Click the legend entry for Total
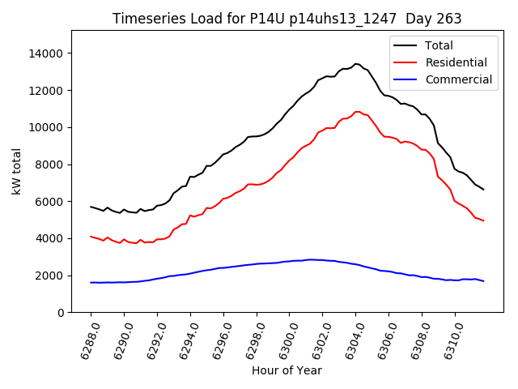pos(439,45)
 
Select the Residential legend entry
pos(456,62)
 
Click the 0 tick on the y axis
pos(62,313)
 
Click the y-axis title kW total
pos(17,171)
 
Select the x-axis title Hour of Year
pos(287,370)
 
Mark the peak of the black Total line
pos(355,63)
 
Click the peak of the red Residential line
pos(356,111)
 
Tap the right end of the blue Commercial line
pos(484,281)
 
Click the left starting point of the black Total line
pos(91,207)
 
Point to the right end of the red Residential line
pos(484,221)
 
